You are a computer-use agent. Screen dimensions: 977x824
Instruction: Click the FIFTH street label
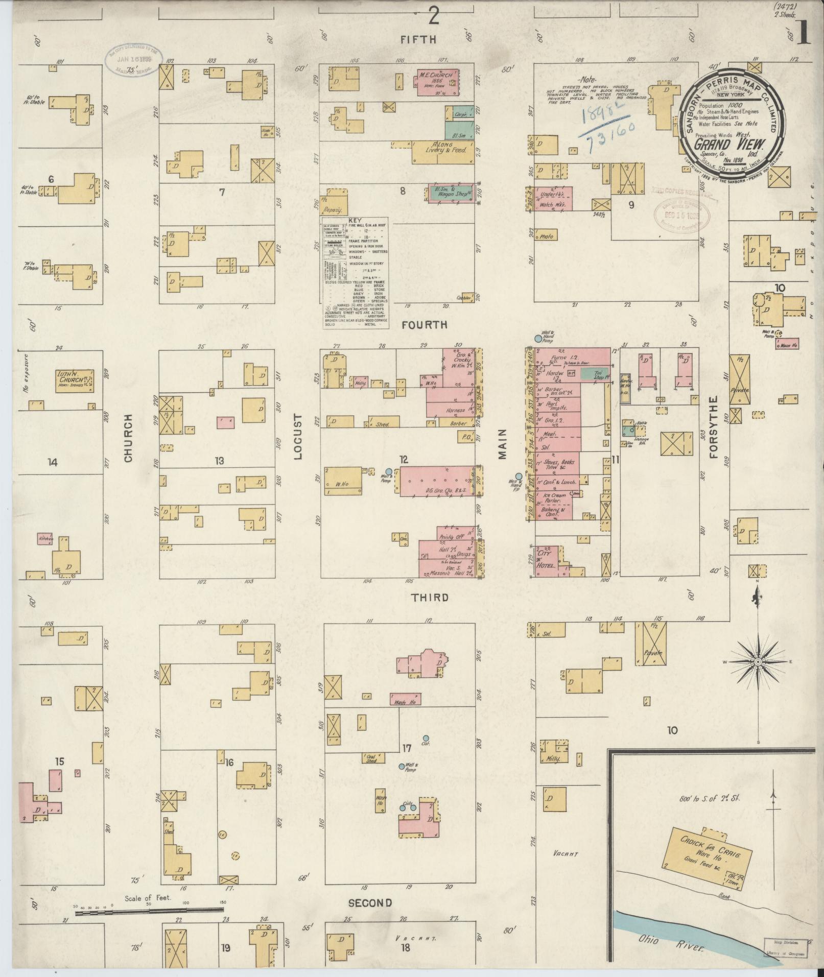[418, 39]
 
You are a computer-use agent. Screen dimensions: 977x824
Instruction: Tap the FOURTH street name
[424, 325]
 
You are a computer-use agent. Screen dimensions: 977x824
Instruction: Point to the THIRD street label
[431, 598]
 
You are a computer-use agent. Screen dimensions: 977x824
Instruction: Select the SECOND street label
[370, 902]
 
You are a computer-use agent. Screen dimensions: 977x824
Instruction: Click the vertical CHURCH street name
[128, 438]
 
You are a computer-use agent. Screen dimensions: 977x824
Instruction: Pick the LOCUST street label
[298, 436]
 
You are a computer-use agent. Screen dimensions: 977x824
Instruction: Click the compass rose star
[758, 662]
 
